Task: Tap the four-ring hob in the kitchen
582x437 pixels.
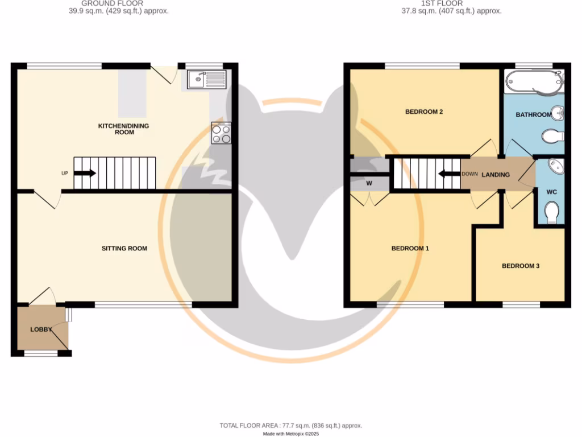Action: coord(221,133)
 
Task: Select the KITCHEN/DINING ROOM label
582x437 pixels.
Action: coord(124,129)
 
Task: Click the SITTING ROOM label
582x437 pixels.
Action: coord(124,248)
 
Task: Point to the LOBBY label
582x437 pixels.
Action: coord(41,329)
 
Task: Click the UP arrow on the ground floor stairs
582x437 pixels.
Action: coord(85,174)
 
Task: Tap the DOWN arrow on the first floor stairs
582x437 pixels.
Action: coord(448,174)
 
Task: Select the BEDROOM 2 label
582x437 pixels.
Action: coord(424,112)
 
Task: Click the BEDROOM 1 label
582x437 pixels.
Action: coord(410,248)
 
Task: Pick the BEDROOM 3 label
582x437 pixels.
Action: coord(520,266)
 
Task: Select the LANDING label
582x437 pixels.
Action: coord(496,175)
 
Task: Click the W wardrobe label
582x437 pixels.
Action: coord(369,183)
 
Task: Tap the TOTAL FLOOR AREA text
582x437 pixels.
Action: coord(290,426)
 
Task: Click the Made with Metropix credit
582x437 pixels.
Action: coord(291,434)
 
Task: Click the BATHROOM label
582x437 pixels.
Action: coord(533,114)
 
